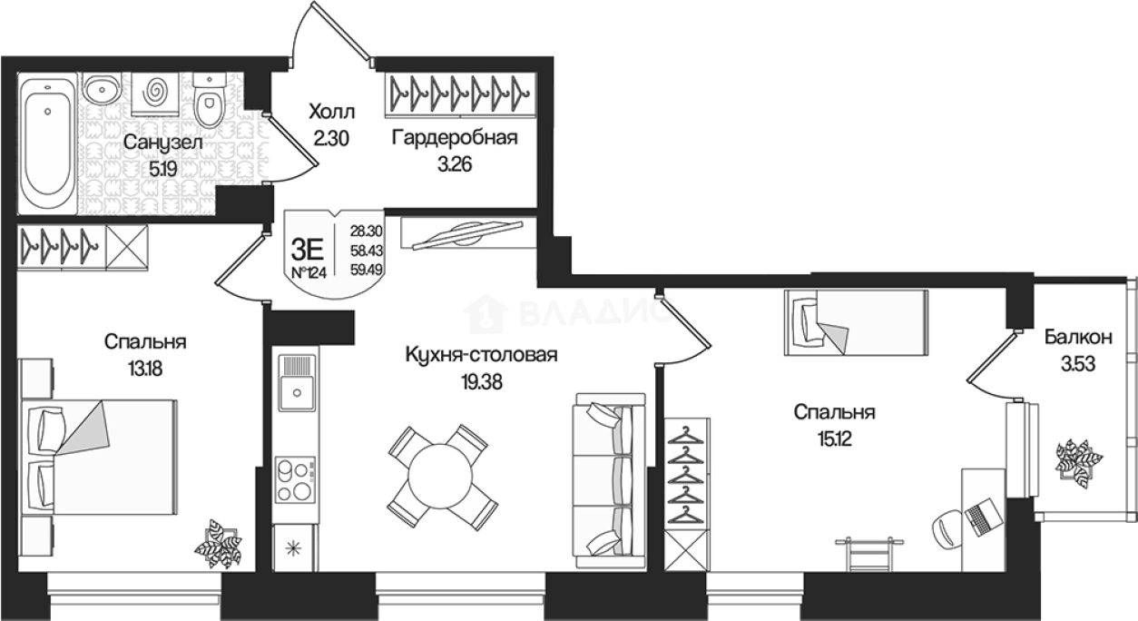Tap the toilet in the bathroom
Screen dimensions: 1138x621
210,100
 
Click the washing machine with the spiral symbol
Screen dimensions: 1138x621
154,94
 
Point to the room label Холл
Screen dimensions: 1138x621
332,112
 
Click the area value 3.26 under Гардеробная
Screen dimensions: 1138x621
455,164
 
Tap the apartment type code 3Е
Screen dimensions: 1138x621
308,249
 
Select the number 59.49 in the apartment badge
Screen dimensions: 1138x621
367,270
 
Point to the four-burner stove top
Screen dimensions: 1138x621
295,479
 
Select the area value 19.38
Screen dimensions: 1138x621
481,381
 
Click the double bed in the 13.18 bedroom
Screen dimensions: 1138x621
100,457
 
